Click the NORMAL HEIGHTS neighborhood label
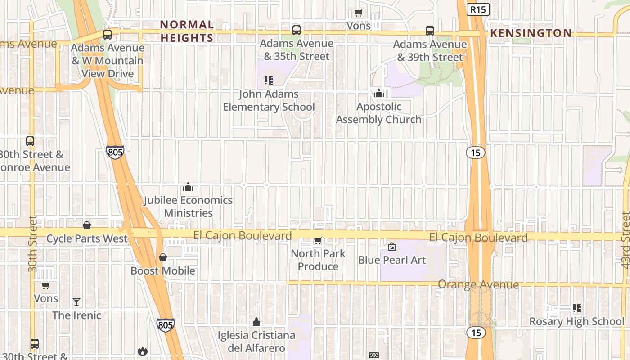coord(187,31)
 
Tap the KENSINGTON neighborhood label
coord(531,33)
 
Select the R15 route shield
coord(477,9)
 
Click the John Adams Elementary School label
coord(269,100)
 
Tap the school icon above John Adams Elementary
coord(269,81)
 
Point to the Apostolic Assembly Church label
coord(378,113)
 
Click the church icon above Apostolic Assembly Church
coord(379,93)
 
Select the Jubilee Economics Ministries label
coord(188,207)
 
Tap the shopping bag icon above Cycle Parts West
coord(87,225)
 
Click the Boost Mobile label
coord(163,270)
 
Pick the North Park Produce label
coord(318,260)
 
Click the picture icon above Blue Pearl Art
coord(392,247)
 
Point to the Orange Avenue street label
coord(478,284)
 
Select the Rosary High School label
coord(576,321)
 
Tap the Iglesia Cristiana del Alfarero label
coord(256,342)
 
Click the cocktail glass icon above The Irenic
coord(76,301)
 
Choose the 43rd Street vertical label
coord(625,241)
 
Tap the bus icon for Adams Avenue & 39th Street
coord(430,31)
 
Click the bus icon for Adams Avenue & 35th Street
coord(296,30)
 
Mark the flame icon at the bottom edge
coord(143,351)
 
